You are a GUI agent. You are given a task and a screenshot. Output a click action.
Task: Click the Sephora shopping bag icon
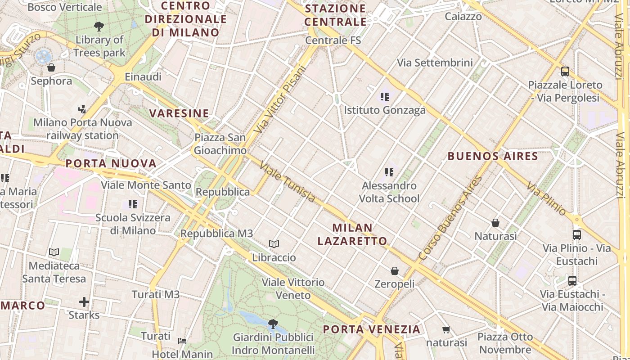coord(51,68)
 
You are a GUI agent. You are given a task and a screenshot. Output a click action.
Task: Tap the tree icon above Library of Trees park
coord(99,27)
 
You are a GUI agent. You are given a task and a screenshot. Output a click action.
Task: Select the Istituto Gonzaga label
coord(384,110)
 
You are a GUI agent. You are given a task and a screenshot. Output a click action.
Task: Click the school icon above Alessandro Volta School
coord(389,172)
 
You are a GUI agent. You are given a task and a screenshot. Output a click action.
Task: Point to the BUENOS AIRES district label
coord(493,156)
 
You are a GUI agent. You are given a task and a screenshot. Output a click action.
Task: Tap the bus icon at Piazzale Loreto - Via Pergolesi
coord(565,71)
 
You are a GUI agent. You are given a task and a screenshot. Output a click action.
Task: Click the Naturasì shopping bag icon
coord(495,223)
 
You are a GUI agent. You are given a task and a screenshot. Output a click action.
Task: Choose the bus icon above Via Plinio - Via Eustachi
coord(576,234)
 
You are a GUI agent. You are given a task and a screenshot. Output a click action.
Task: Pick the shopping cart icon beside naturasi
coord(446,330)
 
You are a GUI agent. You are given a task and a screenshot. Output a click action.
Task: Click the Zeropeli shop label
coord(395,284)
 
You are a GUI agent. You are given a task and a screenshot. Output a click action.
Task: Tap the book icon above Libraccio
coord(274,244)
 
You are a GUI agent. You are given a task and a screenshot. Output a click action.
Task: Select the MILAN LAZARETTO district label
coord(352,234)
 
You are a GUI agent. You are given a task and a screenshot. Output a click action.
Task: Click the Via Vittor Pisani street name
coord(279,99)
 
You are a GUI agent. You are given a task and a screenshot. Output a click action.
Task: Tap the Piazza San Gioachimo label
coord(220,144)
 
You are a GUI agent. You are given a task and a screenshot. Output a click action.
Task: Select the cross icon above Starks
coord(84,302)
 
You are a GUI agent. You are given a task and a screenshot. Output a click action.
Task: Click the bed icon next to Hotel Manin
coord(182,341)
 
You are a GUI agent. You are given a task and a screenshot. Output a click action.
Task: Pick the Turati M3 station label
coord(156,295)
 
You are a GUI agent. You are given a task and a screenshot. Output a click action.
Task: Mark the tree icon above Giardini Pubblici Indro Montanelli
coord(273,324)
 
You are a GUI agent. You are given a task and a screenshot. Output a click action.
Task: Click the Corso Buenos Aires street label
coord(450,218)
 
